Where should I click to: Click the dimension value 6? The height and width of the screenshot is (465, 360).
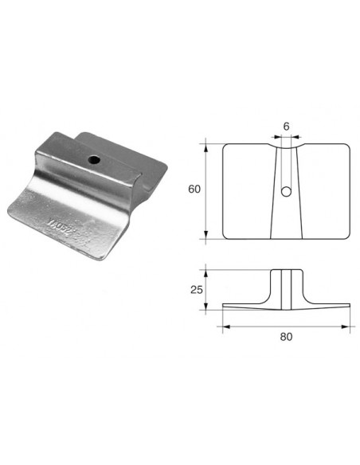286,126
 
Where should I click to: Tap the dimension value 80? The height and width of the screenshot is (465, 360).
286,336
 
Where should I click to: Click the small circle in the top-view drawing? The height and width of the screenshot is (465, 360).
286,191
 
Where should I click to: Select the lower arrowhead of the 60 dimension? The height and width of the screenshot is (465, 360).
209,236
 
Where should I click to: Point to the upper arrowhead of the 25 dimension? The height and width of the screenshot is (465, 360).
209,272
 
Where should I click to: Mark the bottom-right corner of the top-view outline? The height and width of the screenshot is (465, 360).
348,237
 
